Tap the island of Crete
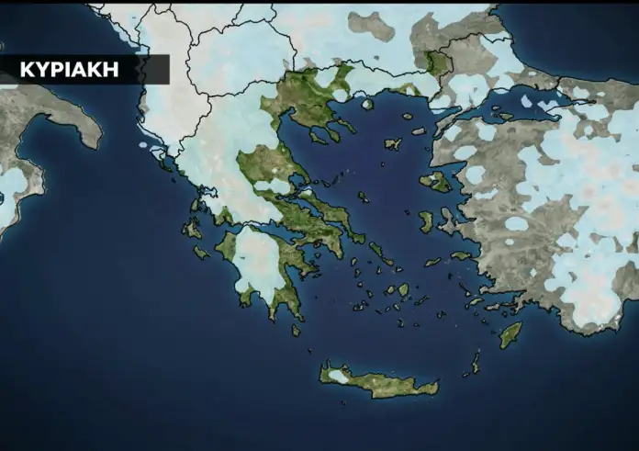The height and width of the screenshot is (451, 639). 381,380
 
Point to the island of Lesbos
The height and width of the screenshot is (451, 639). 437,181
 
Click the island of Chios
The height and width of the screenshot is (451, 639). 426,221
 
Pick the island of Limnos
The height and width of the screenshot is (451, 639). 393,143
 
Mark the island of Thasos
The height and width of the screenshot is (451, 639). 367,104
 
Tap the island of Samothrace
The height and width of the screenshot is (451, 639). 408,117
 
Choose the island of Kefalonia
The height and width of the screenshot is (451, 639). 192,228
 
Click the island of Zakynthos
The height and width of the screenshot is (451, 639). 201,252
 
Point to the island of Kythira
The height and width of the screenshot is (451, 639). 295,329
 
